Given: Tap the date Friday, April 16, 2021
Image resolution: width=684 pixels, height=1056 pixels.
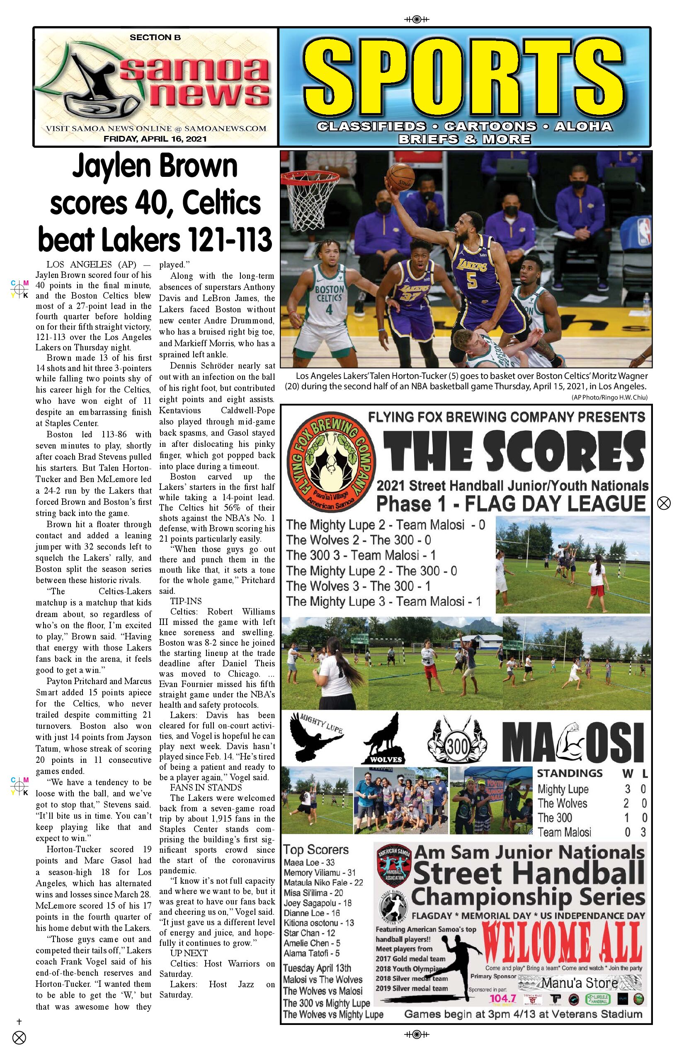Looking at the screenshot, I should [155, 139].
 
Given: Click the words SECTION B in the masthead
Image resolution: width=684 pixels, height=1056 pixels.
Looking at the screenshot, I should [155, 38].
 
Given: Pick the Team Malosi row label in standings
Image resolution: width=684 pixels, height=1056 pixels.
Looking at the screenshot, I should [564, 832].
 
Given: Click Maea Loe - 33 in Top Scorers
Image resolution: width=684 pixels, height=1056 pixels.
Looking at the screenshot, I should [309, 862].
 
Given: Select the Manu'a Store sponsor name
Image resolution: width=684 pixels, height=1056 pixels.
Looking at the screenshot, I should [579, 983].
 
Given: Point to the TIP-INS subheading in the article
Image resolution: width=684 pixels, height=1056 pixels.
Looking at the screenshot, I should [186, 601].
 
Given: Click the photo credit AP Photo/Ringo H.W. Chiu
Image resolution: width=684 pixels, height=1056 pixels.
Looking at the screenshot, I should [609, 398].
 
